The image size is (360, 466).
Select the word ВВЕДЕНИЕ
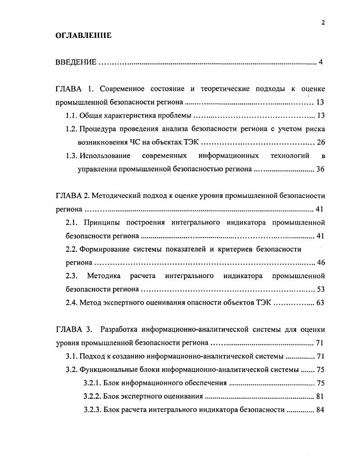pyautogui.click(x=76, y=62)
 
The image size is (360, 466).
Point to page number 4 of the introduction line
pyautogui.click(x=320, y=62)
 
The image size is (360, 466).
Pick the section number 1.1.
pyautogui.click(x=72, y=115)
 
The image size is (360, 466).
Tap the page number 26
pyautogui.click(x=320, y=142)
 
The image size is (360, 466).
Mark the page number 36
pyautogui.click(x=320, y=169)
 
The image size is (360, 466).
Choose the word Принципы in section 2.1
pyautogui.click(x=104, y=222)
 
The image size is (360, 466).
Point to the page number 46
pyautogui.click(x=320, y=262)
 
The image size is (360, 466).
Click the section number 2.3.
pyautogui.click(x=72, y=275)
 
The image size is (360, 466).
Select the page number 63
pyautogui.click(x=320, y=302)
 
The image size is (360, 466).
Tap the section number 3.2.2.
pyautogui.click(x=92, y=397)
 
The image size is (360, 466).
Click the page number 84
pyautogui.click(x=320, y=410)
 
